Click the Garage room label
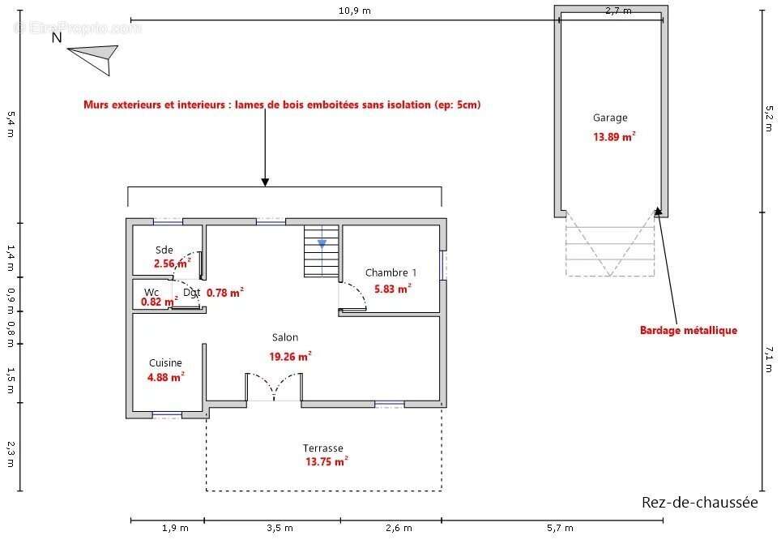(610, 118)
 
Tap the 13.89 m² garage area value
(613, 136)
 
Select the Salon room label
(285, 337)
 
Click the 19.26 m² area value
(290, 357)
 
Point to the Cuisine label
(165, 363)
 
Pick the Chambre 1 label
(390, 272)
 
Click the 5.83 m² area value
(392, 289)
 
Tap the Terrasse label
(322, 448)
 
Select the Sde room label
(164, 251)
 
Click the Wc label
(152, 292)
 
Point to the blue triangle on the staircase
(322, 244)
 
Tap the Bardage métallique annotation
(689, 330)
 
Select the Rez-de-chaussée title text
(699, 502)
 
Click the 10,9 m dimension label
(355, 11)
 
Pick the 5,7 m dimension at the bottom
(560, 528)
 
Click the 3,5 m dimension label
(280, 528)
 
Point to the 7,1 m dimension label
(769, 359)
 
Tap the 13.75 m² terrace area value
(326, 461)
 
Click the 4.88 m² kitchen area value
(166, 377)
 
